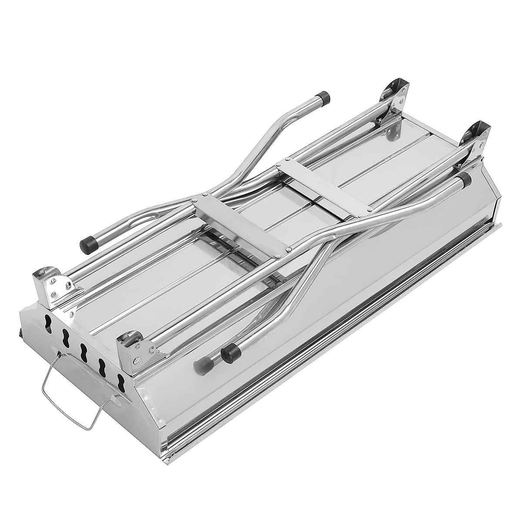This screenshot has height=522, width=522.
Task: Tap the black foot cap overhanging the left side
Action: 87,244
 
